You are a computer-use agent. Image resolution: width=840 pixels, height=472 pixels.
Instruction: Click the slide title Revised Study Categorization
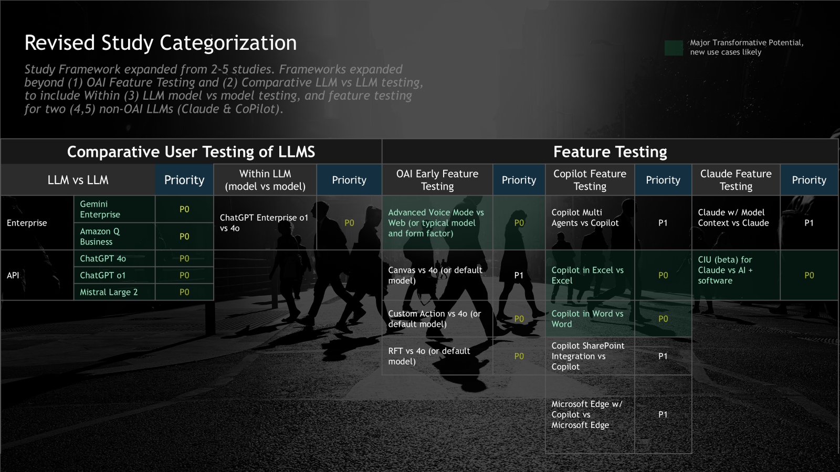click(x=161, y=43)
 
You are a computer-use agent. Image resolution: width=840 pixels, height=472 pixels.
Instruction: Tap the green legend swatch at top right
click(x=674, y=48)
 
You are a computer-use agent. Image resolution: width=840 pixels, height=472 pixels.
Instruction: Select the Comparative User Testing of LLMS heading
click(x=191, y=152)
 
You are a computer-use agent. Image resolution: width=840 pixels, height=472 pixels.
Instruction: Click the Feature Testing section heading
click(x=610, y=152)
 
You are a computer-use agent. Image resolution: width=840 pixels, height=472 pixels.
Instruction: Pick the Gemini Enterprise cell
click(x=100, y=209)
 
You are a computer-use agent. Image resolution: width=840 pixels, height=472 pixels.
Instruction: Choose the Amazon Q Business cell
click(x=100, y=237)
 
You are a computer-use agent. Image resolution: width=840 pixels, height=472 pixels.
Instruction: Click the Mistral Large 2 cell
click(x=109, y=292)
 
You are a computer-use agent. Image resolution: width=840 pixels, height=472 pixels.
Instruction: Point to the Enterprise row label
click(x=27, y=223)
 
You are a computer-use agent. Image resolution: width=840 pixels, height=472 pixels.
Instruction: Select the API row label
click(x=13, y=275)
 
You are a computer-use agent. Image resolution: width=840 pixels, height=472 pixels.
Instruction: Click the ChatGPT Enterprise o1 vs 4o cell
click(x=264, y=223)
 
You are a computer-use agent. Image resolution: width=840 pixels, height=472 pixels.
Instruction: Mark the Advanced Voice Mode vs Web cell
click(x=436, y=223)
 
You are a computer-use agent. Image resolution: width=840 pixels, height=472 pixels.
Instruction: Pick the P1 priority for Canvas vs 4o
click(x=519, y=275)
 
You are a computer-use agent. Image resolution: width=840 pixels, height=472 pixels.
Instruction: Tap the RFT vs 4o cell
click(x=429, y=356)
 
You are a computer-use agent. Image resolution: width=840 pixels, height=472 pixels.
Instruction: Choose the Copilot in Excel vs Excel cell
click(x=587, y=275)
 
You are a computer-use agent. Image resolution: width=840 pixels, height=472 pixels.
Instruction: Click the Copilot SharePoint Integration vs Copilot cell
click(x=588, y=356)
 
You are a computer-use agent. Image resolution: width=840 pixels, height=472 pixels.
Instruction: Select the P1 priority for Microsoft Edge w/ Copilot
click(x=663, y=414)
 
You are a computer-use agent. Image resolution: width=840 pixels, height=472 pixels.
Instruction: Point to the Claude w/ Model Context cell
click(x=733, y=218)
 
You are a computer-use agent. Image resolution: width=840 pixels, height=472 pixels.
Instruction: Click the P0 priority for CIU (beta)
click(x=809, y=275)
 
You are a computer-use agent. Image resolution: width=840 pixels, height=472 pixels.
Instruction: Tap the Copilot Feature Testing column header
click(x=590, y=180)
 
